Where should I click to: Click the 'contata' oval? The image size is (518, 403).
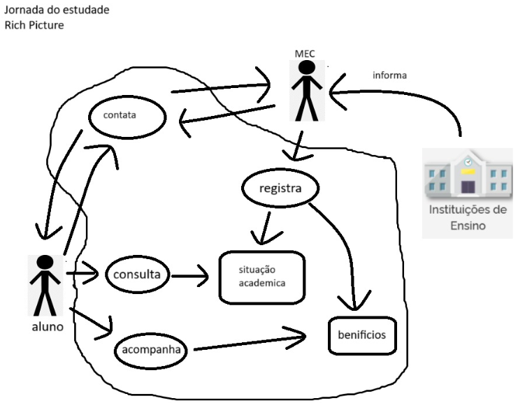tap(127, 117)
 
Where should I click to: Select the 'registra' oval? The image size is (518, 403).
tap(280, 189)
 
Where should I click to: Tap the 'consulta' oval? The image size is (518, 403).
tap(138, 274)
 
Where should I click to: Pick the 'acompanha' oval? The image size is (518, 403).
tap(150, 349)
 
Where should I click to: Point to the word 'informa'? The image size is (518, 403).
tap(390, 75)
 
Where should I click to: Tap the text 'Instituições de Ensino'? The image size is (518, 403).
tap(468, 217)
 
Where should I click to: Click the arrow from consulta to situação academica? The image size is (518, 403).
tap(190, 276)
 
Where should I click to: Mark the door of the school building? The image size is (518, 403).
tap(468, 186)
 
